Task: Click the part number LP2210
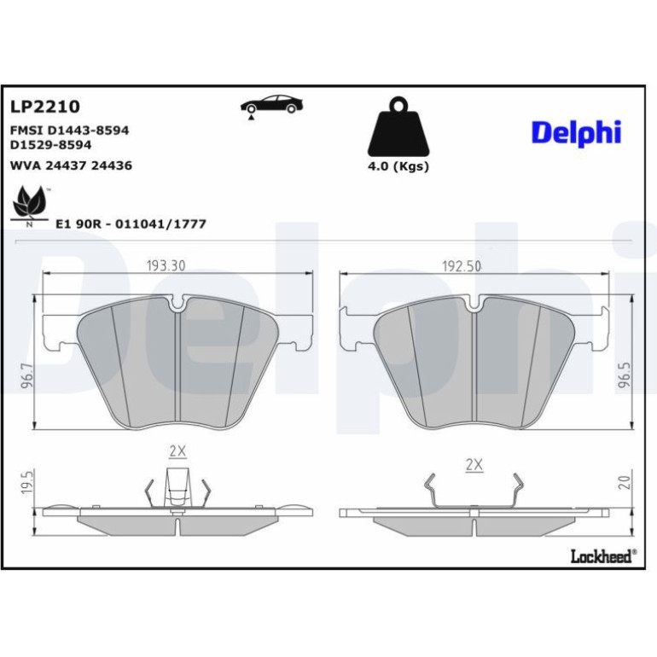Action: click(x=45, y=107)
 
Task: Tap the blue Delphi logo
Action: click(x=576, y=133)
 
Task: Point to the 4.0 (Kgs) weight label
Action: click(x=398, y=166)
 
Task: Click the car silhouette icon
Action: click(x=271, y=106)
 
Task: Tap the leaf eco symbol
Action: click(x=29, y=205)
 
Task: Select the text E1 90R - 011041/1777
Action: click(x=131, y=224)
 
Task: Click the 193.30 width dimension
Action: click(x=166, y=265)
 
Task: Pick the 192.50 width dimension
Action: click(x=462, y=266)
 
